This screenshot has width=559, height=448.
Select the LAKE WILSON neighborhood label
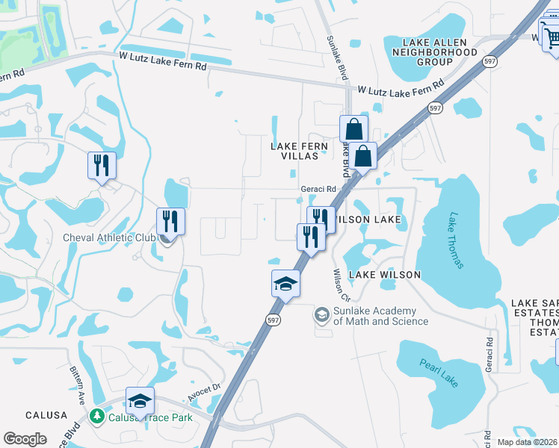point(385,275)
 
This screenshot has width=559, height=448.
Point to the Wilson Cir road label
point(340,281)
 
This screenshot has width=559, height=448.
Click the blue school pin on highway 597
point(285,284)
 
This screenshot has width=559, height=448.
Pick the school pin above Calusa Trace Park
point(140,401)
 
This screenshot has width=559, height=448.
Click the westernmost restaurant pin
point(102,166)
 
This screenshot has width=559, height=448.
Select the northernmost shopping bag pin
point(353,128)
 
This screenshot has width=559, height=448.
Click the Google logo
point(25,439)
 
